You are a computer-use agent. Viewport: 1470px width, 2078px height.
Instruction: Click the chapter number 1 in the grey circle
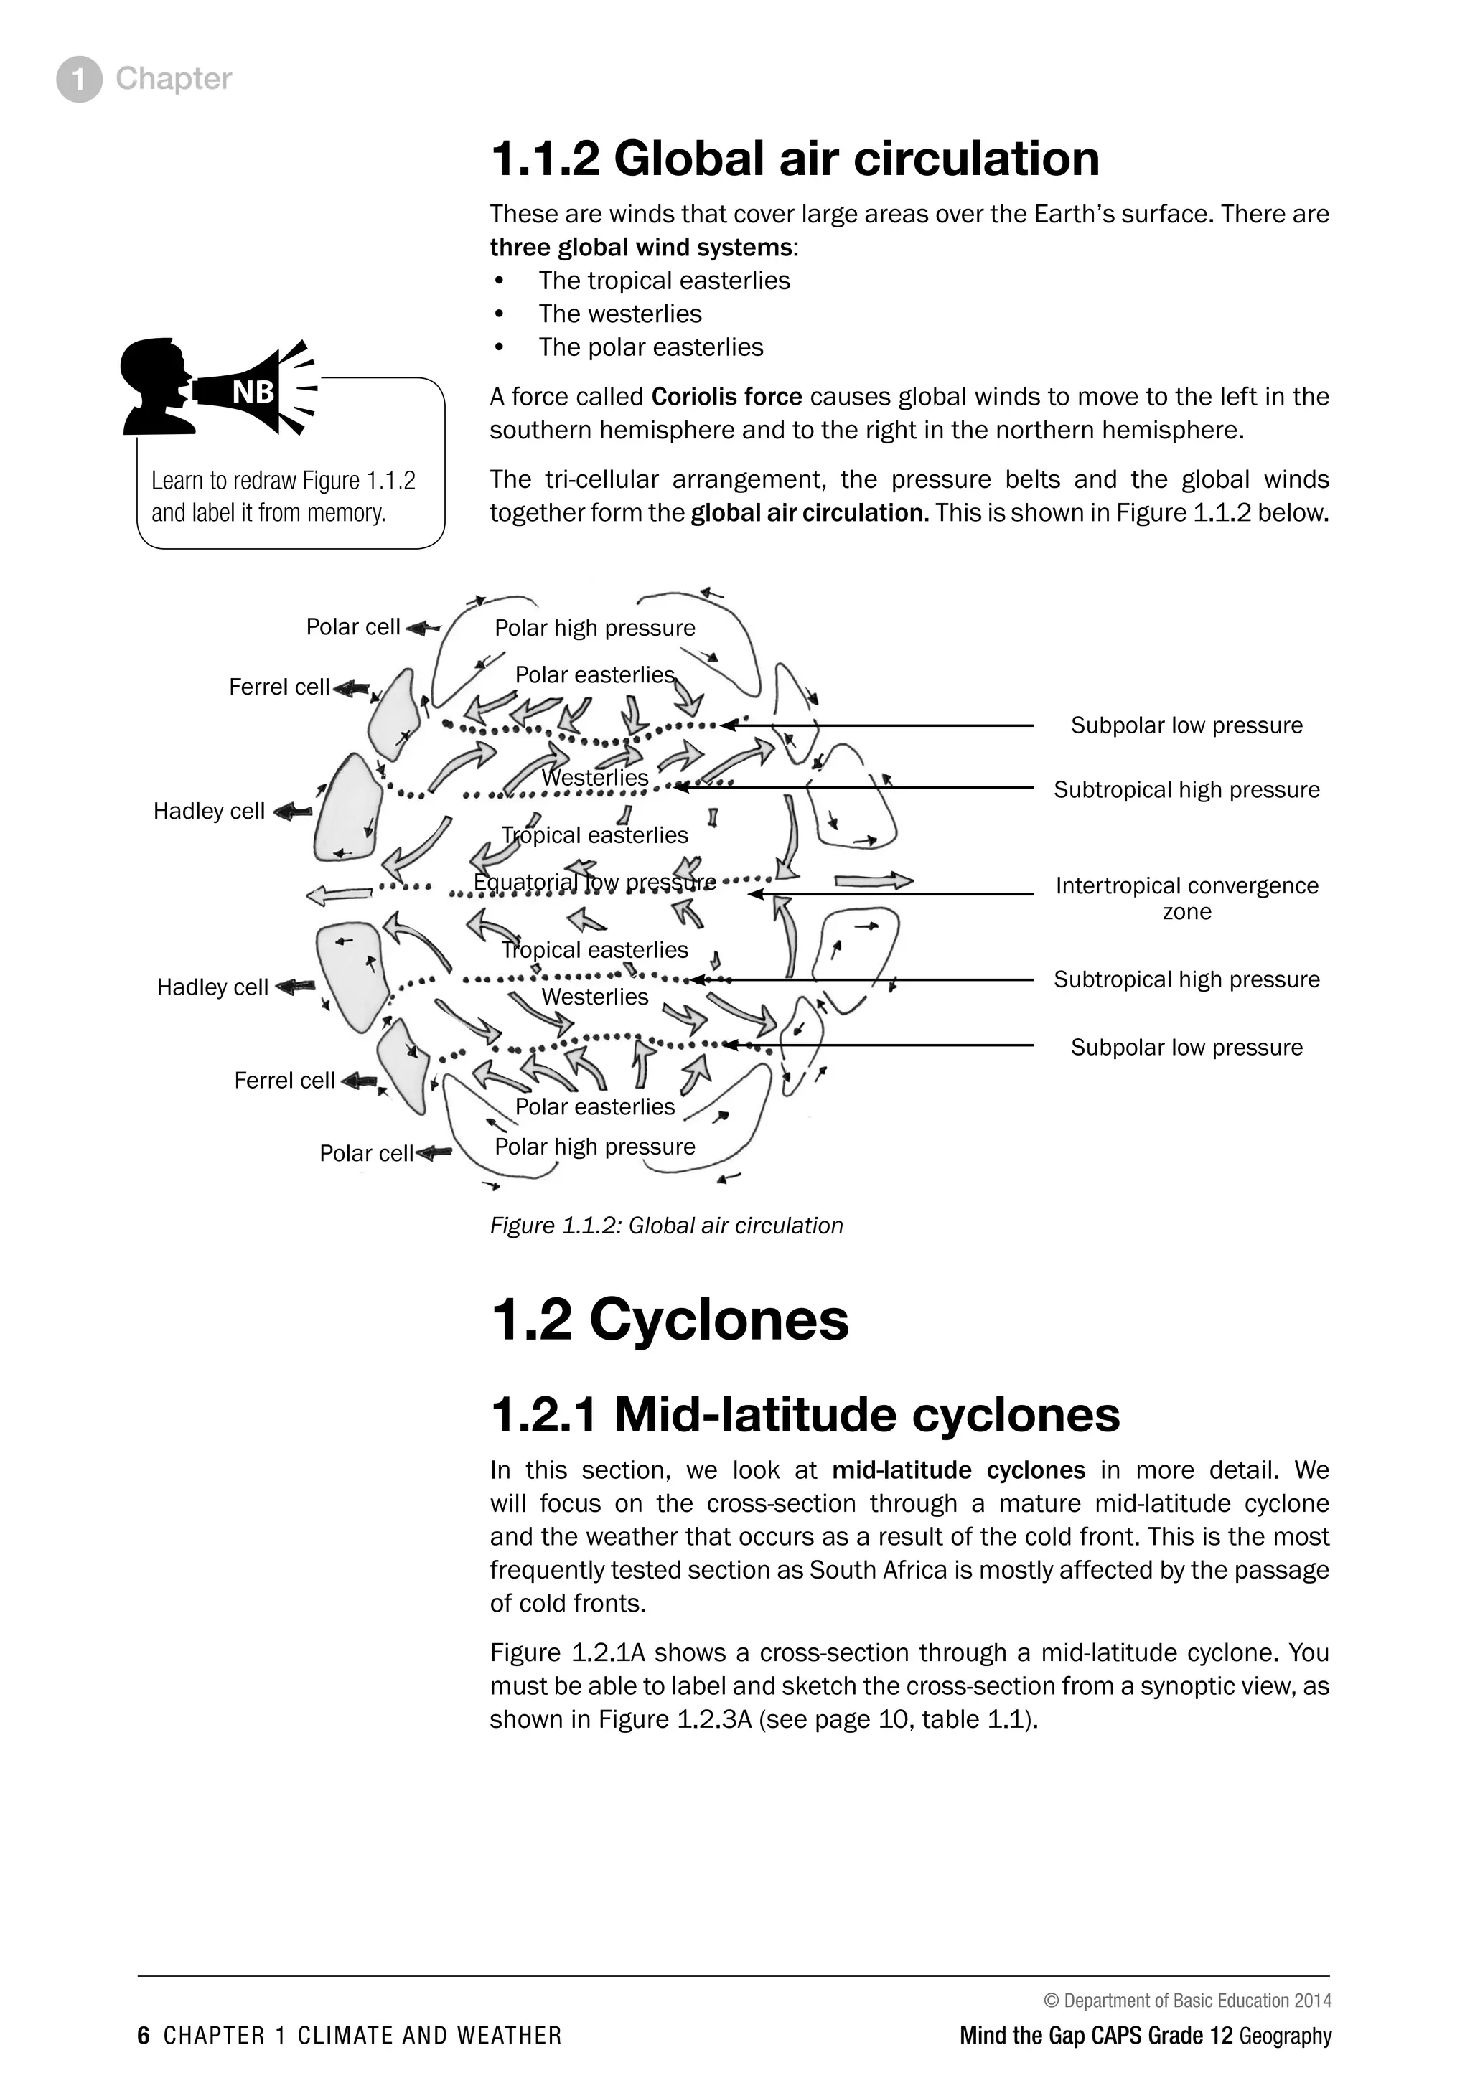pos(79,80)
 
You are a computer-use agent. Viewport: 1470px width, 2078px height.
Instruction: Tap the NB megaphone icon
pos(220,389)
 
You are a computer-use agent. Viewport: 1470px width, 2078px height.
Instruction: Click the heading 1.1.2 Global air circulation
pos(794,159)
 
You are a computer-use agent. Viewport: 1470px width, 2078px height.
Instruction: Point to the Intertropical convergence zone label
pos(1186,898)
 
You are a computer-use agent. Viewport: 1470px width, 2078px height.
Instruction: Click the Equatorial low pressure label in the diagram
pos(594,882)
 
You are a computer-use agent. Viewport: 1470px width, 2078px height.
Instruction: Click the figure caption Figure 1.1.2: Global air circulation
pos(666,1226)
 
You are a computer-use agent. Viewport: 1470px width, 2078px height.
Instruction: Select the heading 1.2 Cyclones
pos(669,1320)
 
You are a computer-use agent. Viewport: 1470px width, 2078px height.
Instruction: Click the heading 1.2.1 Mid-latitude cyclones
pos(804,1414)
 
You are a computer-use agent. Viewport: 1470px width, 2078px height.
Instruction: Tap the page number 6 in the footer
pos(143,2036)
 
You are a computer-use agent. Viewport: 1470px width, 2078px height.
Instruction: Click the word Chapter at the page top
pos(173,79)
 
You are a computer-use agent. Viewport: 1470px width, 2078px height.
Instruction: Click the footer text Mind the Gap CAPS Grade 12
pos(1095,2036)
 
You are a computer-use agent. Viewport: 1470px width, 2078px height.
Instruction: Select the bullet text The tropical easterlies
pos(663,281)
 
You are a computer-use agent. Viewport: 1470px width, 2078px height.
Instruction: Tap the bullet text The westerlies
pos(619,314)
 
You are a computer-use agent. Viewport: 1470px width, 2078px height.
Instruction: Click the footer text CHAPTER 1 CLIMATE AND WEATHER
pos(362,2036)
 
